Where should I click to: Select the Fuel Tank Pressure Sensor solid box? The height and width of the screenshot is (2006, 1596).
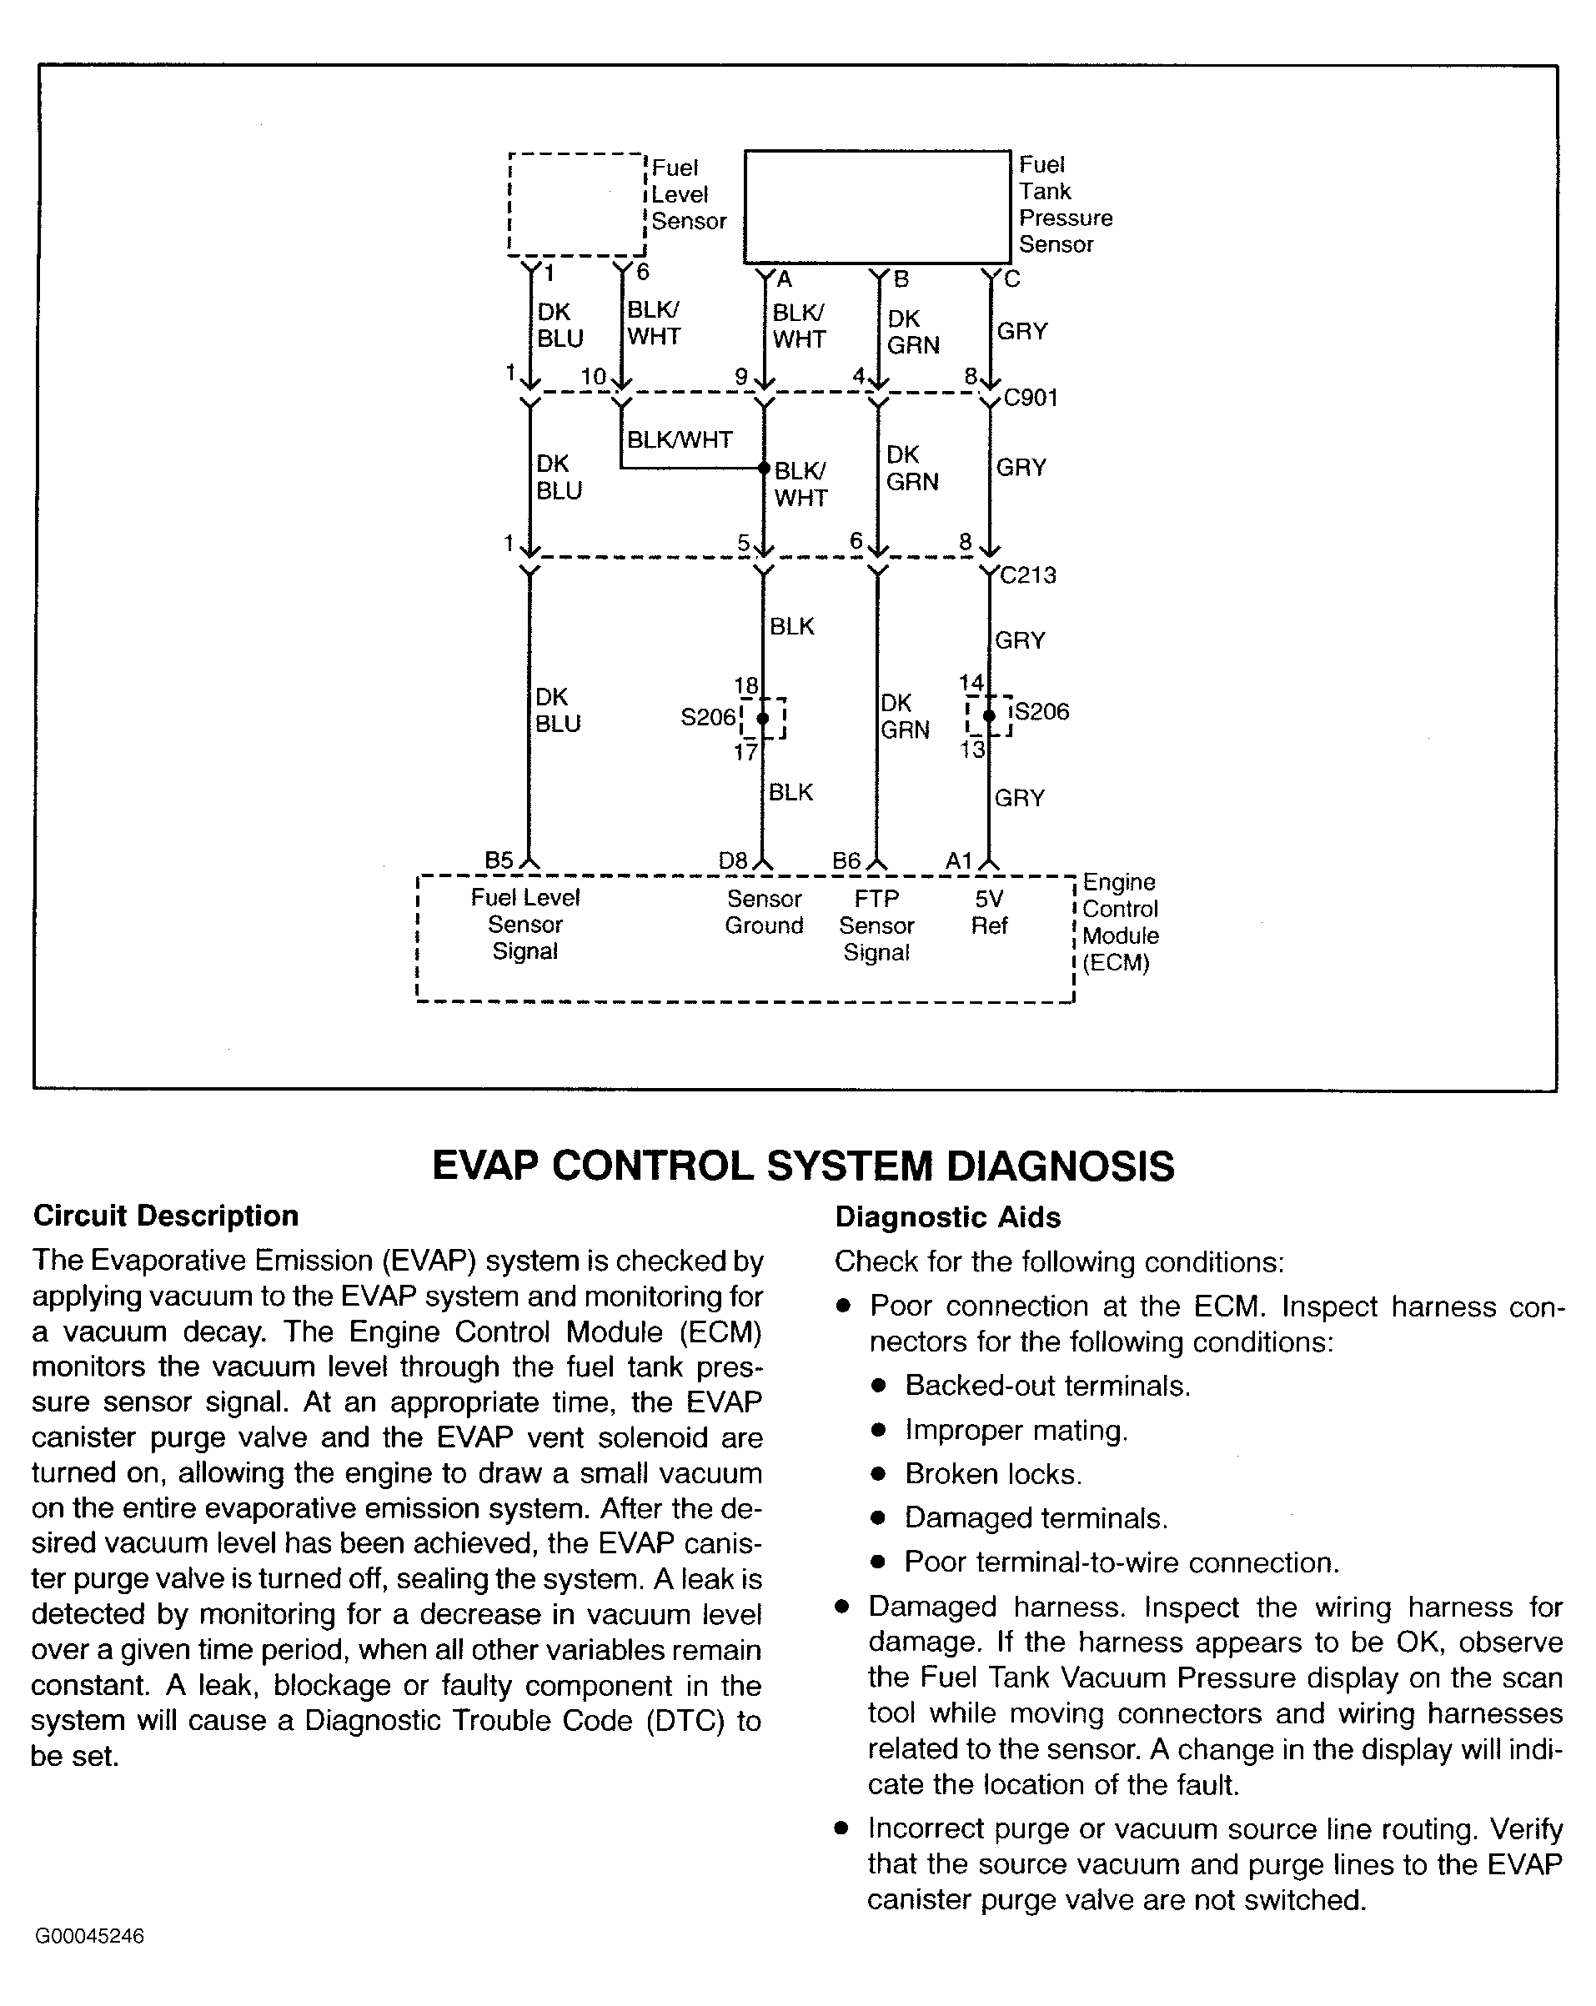point(876,207)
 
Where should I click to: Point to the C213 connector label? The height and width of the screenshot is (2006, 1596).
point(1028,575)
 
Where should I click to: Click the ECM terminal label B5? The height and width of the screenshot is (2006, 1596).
point(499,860)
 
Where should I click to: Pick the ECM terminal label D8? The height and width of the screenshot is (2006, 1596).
point(732,860)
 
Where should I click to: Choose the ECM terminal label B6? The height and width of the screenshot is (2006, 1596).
point(846,860)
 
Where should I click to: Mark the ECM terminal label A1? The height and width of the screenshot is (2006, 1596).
point(959,860)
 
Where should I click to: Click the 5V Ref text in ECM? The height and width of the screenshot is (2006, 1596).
point(989,912)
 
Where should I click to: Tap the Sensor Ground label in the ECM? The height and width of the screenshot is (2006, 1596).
point(764,912)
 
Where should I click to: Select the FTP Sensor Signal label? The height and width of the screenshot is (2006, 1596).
point(876,925)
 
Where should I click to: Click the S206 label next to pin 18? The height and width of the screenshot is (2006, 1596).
point(707,717)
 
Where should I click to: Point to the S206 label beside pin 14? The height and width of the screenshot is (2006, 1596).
point(1042,712)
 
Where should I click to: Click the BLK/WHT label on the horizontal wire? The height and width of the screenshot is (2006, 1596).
point(680,439)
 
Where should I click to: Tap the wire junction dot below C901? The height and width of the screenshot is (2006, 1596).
point(763,467)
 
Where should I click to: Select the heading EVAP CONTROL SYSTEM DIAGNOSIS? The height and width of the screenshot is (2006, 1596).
point(803,1166)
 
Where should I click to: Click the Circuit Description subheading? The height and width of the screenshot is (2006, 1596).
point(166,1216)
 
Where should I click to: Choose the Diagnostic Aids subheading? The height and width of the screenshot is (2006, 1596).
point(947,1217)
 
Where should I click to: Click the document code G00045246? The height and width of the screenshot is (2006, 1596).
point(89,1936)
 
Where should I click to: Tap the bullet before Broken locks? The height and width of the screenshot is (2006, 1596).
point(877,1474)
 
